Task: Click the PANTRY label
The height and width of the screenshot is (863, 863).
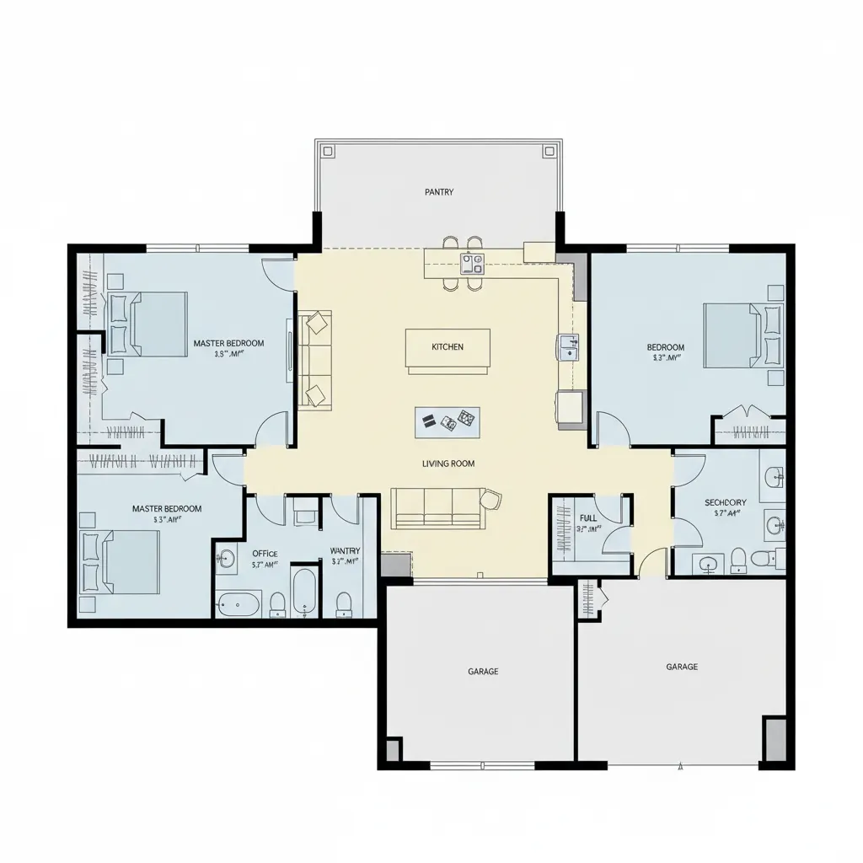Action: (x=439, y=192)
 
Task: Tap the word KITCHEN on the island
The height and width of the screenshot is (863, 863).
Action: (x=448, y=347)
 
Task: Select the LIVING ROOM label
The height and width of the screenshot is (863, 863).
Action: (x=448, y=464)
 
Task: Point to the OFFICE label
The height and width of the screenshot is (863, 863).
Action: (x=265, y=554)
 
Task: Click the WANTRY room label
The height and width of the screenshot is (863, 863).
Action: (x=345, y=551)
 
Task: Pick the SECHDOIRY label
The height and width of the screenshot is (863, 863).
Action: (x=726, y=502)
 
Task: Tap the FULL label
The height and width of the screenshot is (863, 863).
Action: (x=588, y=518)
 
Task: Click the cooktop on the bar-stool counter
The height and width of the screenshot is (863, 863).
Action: (x=472, y=264)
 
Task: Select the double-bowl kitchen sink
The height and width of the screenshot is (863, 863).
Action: (x=568, y=346)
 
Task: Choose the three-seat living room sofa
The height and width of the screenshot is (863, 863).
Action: (x=437, y=509)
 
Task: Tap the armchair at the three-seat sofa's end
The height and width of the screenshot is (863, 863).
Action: (x=492, y=500)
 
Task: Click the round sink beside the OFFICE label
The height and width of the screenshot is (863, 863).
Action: (x=226, y=557)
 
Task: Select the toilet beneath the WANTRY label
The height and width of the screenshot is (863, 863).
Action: (x=343, y=603)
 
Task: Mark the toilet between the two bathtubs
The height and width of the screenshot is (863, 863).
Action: (x=277, y=603)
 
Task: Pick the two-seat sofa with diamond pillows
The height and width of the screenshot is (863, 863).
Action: (x=315, y=359)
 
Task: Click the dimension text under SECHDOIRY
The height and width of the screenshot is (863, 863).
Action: (x=726, y=513)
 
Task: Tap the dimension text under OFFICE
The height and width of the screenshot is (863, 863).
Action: (x=265, y=566)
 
